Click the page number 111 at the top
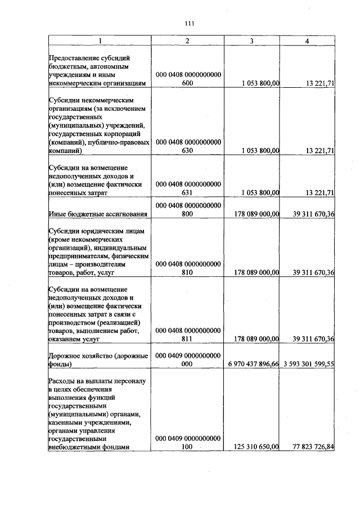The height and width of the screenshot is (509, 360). (x=189, y=23)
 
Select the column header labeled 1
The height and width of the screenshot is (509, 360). (x=100, y=40)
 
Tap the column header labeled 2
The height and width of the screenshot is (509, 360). (x=188, y=40)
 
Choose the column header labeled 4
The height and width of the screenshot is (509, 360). (x=307, y=40)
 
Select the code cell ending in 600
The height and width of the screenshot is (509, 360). (x=188, y=78)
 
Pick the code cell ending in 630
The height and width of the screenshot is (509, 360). (x=188, y=146)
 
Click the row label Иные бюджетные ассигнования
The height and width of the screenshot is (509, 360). (x=98, y=214)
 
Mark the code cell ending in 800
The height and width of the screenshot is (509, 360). (x=188, y=209)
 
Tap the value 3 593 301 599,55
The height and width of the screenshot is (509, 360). (x=309, y=364)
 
